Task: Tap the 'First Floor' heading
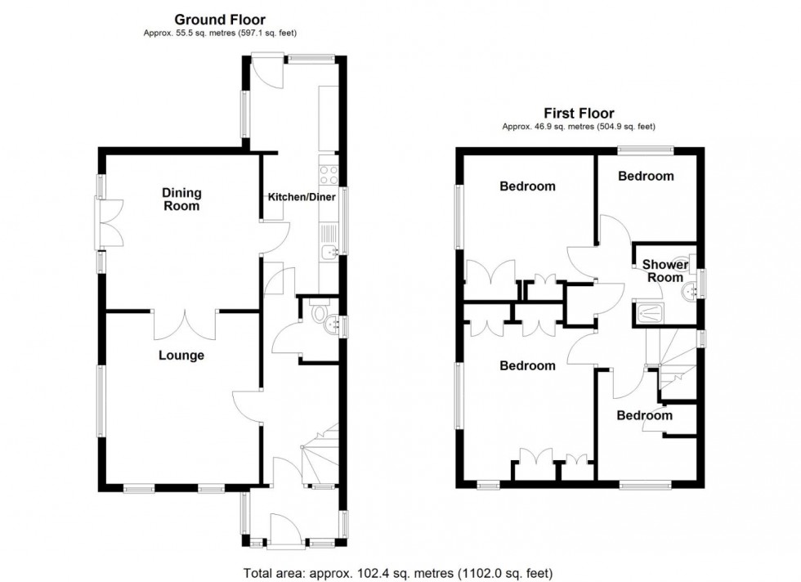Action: (x=579, y=114)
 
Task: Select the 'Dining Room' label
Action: (x=181, y=199)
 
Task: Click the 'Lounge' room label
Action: (x=181, y=356)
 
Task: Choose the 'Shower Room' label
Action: (x=664, y=271)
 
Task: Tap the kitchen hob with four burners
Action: (x=329, y=174)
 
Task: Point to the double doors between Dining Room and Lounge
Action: (x=186, y=325)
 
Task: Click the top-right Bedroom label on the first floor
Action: (x=646, y=176)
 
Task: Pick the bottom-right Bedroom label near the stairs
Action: (x=644, y=415)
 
